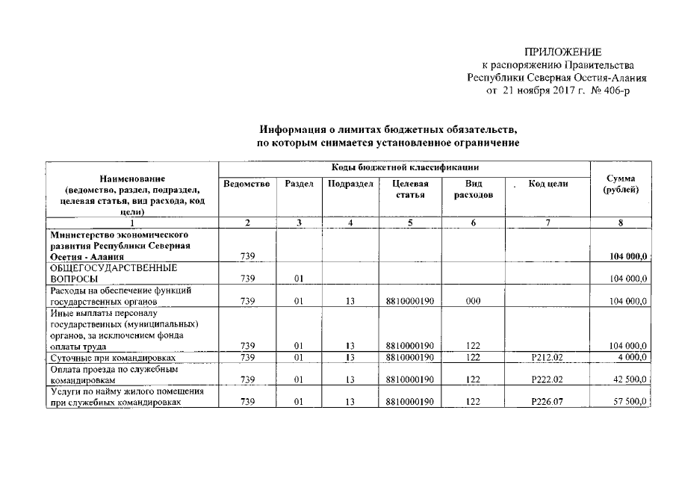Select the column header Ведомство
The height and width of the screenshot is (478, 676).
[246, 184]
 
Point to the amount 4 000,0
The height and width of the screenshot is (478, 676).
[630, 358]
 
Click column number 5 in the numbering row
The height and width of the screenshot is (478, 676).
[408, 223]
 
